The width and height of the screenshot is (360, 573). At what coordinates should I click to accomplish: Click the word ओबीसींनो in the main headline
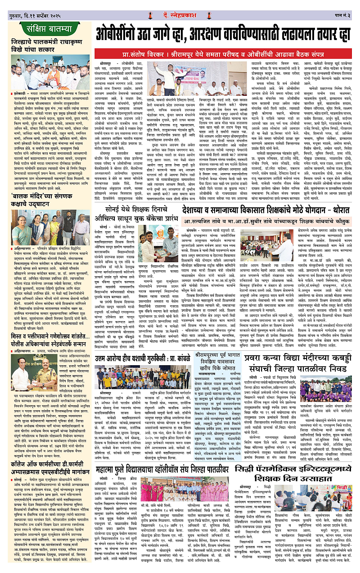pyautogui.click(x=118, y=34)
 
